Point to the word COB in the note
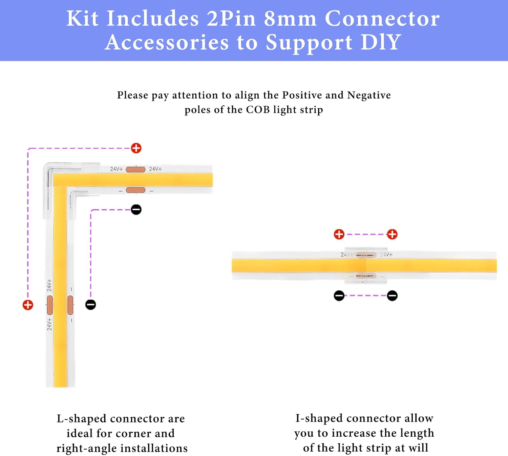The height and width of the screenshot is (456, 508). coord(258,110)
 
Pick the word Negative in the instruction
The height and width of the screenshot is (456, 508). coord(369,95)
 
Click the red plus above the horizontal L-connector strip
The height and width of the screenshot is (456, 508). coord(136,148)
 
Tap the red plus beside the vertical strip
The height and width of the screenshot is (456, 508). coord(28,305)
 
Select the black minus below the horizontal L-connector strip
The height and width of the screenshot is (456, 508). coord(136,209)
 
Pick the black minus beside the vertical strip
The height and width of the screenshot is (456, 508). coord(90,305)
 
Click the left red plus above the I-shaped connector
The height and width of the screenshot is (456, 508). coord(339,234)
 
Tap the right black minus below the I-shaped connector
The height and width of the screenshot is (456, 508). coord(392,296)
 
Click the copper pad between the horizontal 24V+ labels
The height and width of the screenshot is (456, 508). coord(135,169)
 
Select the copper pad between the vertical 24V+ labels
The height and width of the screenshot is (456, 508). coord(50,305)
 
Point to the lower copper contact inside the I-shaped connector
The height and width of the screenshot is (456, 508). coord(366,276)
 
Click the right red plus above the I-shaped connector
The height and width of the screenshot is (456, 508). coord(392,234)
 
